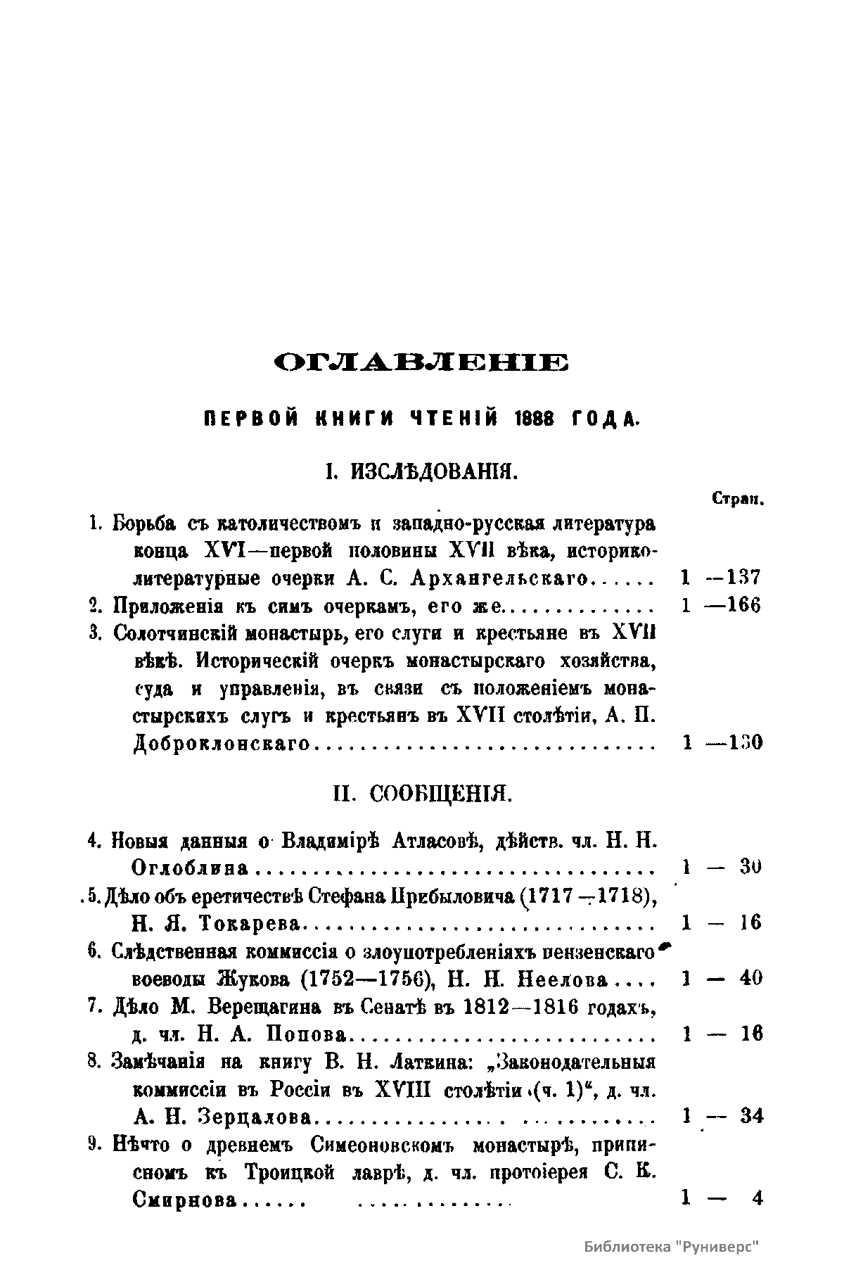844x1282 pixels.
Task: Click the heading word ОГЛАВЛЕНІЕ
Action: tap(421, 363)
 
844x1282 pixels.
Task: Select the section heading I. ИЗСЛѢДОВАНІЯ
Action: tap(421, 471)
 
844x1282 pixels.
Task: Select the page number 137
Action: tap(744, 578)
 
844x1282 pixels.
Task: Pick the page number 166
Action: tap(744, 606)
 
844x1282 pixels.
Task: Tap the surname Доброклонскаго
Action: tap(222, 743)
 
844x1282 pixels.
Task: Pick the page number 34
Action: tap(750, 1117)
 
